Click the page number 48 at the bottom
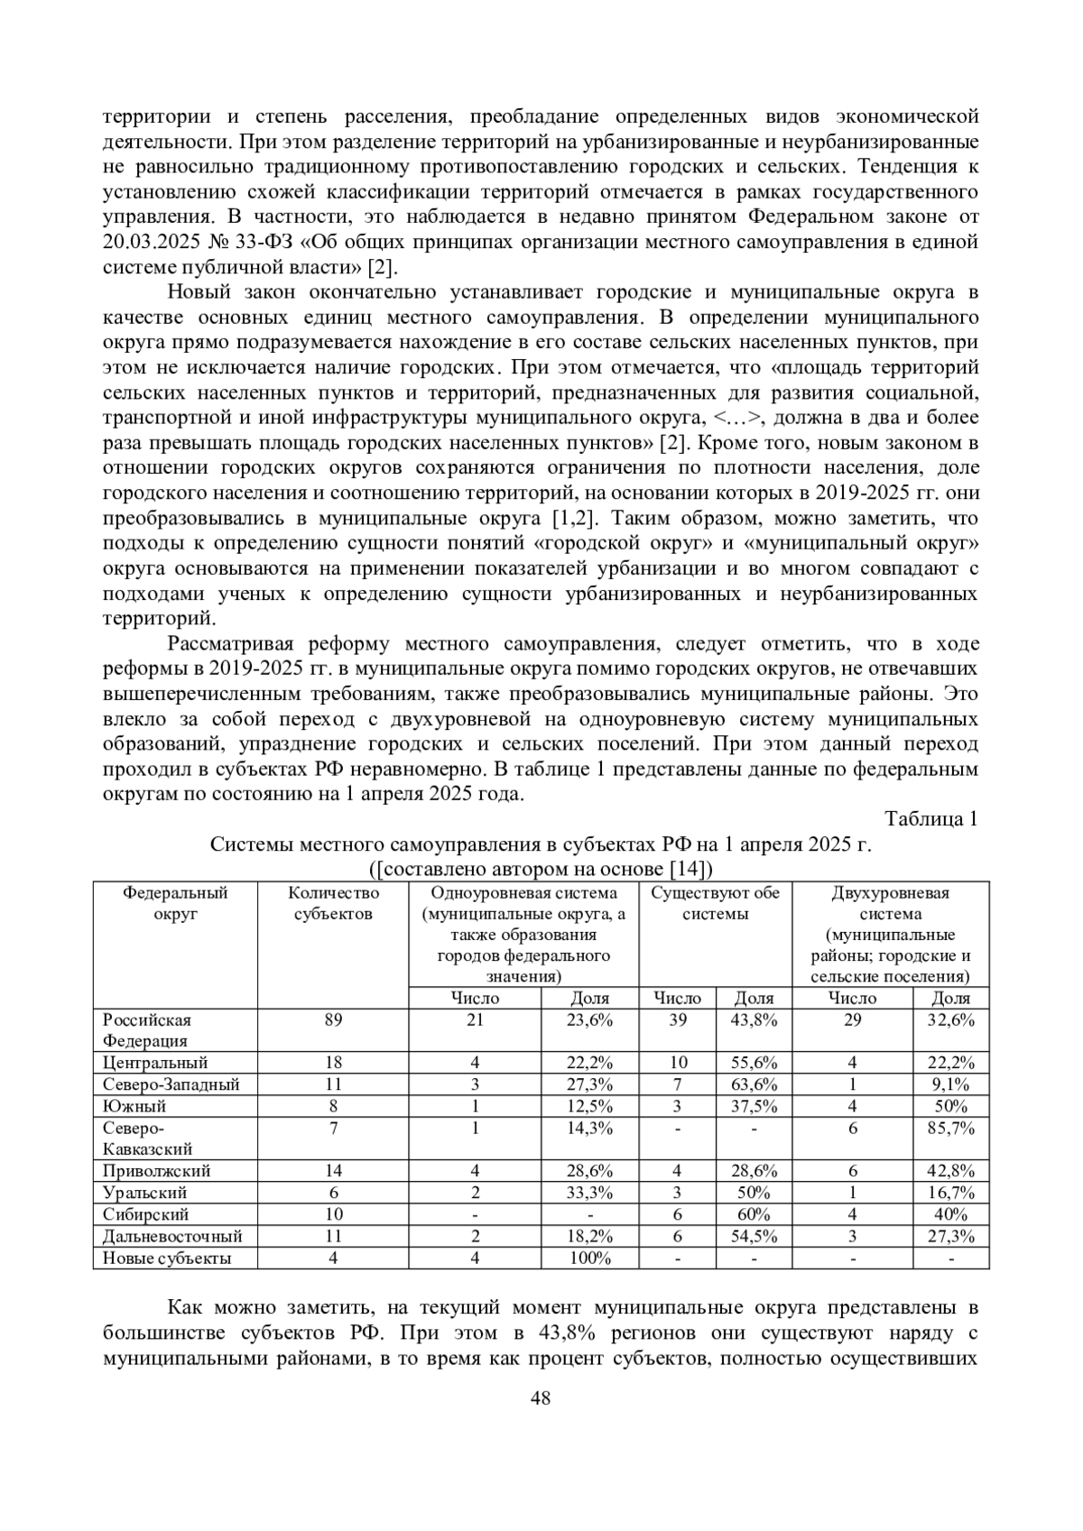click(541, 1399)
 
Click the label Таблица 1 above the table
click(931, 819)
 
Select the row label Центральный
click(155, 1063)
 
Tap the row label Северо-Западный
click(171, 1084)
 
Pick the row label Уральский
click(145, 1193)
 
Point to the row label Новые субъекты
click(167, 1258)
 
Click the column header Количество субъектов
click(333, 903)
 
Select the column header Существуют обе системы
click(715, 903)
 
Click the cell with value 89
click(333, 1020)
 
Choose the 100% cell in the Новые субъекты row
click(590, 1258)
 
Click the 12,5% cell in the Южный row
click(590, 1106)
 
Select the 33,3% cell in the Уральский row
click(590, 1193)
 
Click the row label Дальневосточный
click(172, 1236)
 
